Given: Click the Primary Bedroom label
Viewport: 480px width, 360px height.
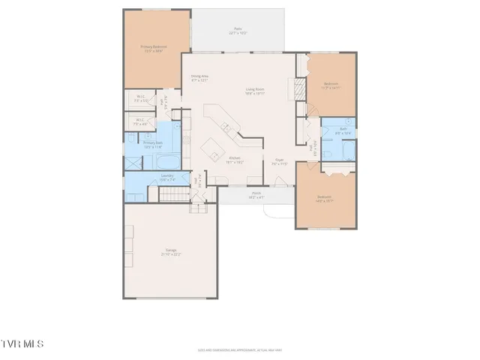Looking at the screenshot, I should pyautogui.click(x=154, y=48).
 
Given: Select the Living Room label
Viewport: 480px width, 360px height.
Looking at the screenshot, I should pyautogui.click(x=256, y=92).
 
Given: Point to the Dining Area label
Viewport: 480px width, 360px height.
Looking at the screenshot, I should pyautogui.click(x=199, y=77).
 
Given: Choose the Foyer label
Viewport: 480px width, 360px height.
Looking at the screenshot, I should pyautogui.click(x=279, y=160).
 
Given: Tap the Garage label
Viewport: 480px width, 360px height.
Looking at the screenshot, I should pyautogui.click(x=171, y=253).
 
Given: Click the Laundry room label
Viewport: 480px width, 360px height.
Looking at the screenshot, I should pyautogui.click(x=167, y=178).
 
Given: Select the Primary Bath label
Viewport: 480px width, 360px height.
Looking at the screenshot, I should pyautogui.click(x=152, y=144).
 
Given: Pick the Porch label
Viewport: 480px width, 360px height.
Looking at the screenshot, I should pyautogui.click(x=256, y=194).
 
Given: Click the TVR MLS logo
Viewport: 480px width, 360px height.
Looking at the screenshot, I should pyautogui.click(x=22, y=343).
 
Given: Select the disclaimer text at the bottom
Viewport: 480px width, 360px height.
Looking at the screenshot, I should pyautogui.click(x=240, y=349).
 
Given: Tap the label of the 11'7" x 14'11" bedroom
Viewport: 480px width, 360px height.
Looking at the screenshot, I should pyautogui.click(x=331, y=85).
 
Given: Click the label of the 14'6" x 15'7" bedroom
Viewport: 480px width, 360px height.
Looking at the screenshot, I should pyautogui.click(x=325, y=199).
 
